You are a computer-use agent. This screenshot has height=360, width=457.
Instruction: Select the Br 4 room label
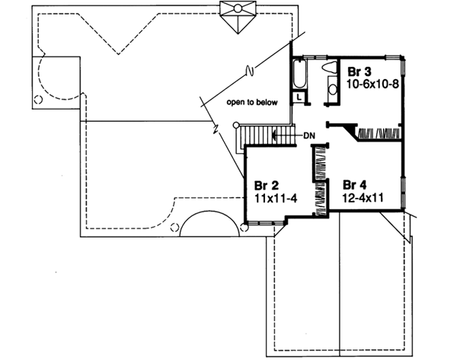(355, 185)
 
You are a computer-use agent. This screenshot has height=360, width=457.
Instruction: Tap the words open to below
(251, 101)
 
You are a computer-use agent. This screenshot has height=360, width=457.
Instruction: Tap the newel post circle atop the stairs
(235, 125)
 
